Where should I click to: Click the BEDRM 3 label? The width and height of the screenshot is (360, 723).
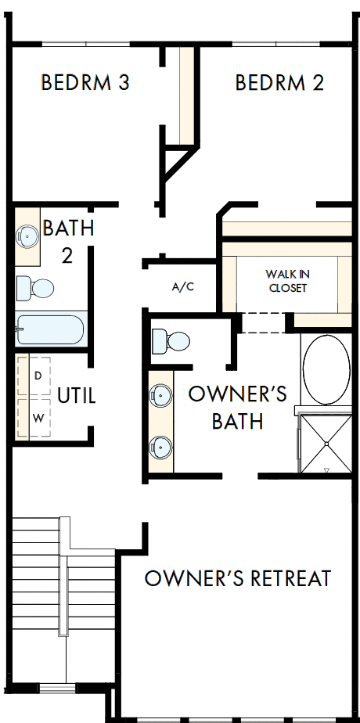(x=85, y=82)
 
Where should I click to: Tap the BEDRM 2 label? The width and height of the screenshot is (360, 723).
(x=279, y=82)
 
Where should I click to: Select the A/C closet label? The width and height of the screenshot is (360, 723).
(x=182, y=287)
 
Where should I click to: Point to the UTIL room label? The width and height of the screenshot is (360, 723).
(x=77, y=396)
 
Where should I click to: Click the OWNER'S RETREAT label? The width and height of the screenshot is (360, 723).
(x=238, y=579)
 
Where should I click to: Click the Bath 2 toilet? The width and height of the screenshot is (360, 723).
(x=36, y=288)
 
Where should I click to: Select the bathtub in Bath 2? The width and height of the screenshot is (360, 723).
(x=49, y=329)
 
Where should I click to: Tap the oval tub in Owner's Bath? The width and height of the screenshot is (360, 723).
(x=327, y=369)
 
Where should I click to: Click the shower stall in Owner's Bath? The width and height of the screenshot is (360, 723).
(x=326, y=444)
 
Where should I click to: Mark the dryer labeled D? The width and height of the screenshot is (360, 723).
(x=37, y=376)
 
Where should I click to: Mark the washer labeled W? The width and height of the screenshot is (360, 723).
(x=37, y=418)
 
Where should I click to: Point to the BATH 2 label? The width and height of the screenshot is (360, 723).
(x=68, y=242)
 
